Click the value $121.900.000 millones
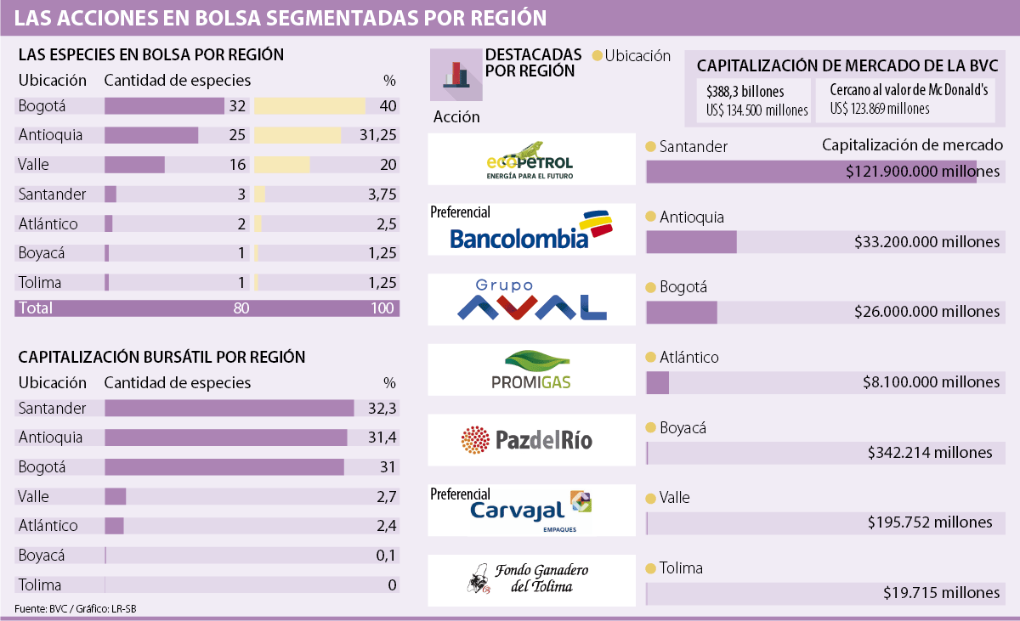click(x=923, y=172)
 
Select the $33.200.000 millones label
click(x=926, y=242)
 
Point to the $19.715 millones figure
click(x=940, y=593)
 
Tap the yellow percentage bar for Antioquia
click(x=297, y=135)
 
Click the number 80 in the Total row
click(x=241, y=308)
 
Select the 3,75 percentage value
click(x=382, y=195)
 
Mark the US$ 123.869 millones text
click(x=879, y=109)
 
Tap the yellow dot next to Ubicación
click(x=597, y=56)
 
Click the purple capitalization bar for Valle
click(x=115, y=496)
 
